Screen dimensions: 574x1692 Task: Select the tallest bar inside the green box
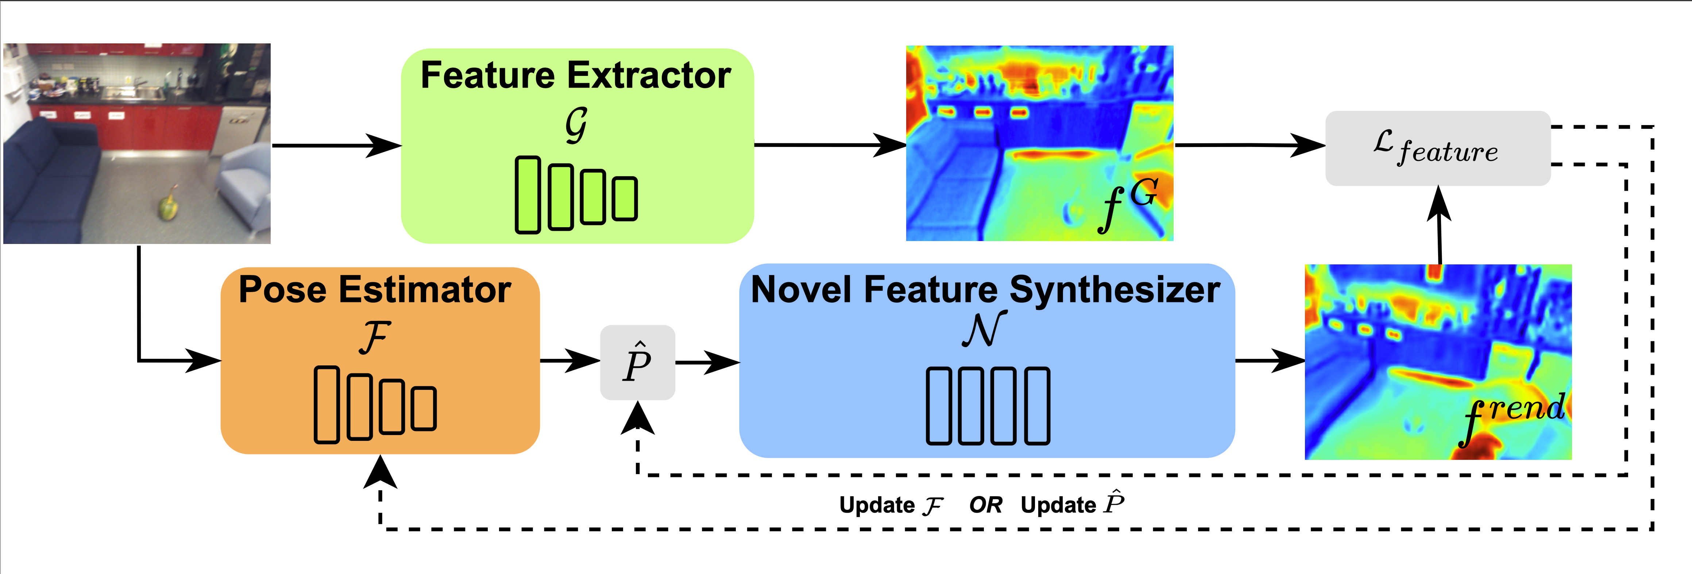point(528,195)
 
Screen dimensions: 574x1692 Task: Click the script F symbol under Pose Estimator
point(375,338)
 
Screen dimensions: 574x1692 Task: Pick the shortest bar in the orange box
point(424,408)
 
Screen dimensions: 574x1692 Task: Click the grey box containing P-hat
point(637,362)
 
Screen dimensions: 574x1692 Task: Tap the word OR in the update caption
point(985,505)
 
